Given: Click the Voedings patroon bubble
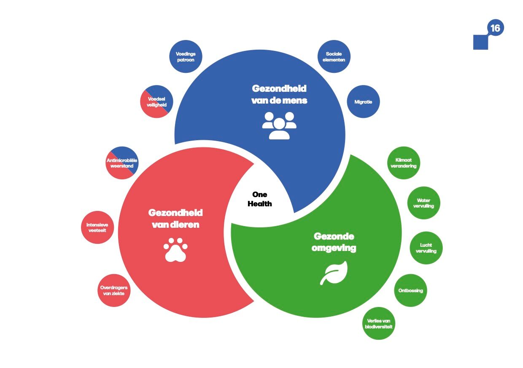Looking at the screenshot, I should point(186,57).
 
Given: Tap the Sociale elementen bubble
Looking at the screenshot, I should point(334,57).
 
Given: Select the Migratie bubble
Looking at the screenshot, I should point(363,102).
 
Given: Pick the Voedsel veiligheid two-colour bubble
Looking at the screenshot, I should point(157,102).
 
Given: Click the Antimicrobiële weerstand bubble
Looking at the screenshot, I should point(122,163).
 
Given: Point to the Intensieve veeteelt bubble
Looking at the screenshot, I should point(97,227).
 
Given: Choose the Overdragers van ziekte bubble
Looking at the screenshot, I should point(114,291).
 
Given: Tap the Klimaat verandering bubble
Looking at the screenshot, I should point(404,163).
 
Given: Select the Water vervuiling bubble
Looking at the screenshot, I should point(424,203).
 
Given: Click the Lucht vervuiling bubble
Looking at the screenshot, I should point(426,248).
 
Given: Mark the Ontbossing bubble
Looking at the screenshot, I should point(410,291).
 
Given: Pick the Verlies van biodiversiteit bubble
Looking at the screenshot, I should point(379,324).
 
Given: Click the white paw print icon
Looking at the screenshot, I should point(175,249).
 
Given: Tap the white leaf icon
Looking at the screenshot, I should point(334,273).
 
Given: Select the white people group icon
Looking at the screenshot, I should point(279,125).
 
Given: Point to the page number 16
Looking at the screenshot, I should point(495,28).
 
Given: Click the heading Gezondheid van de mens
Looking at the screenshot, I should point(279,94).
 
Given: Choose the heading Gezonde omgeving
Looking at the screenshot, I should point(334,242).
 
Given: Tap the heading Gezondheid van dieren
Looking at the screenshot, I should point(175,219).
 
